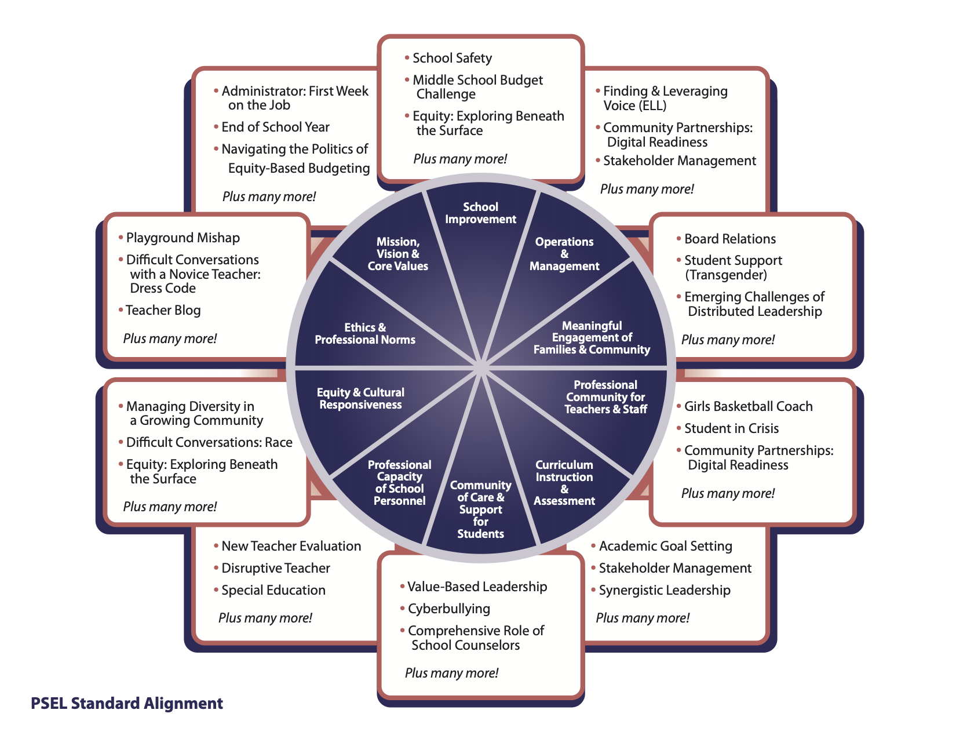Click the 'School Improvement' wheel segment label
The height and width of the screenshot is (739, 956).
click(x=480, y=213)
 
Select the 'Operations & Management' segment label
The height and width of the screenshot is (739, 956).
click(x=564, y=254)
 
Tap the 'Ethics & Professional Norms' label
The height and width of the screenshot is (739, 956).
click(x=365, y=334)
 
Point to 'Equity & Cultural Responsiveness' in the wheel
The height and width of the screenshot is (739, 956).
click(x=360, y=399)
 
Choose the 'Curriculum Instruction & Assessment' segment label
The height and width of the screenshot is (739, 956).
click(x=564, y=483)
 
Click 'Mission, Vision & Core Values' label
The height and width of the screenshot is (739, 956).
click(x=398, y=254)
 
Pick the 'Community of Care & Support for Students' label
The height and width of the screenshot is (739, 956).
click(x=480, y=509)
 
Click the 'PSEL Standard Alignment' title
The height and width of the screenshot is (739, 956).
click(x=127, y=704)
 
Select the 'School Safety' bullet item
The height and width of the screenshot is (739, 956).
click(x=452, y=58)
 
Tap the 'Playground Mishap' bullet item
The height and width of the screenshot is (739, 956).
click(x=183, y=238)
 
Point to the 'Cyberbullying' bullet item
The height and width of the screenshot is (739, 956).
click(x=448, y=609)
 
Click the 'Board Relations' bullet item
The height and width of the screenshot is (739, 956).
click(x=729, y=239)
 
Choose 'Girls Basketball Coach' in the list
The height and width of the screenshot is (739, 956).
click(x=748, y=406)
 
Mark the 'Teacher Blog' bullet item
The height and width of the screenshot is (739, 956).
click(x=163, y=310)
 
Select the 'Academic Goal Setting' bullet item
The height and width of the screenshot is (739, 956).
click(x=665, y=546)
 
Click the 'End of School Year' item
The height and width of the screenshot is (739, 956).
click(x=275, y=127)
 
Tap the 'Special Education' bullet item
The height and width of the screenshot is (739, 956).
click(x=273, y=590)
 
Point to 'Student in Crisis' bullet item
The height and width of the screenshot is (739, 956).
click(x=731, y=428)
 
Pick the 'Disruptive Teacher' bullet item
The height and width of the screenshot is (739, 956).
click(x=275, y=568)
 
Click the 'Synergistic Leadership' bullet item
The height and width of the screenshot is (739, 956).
click(x=664, y=590)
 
